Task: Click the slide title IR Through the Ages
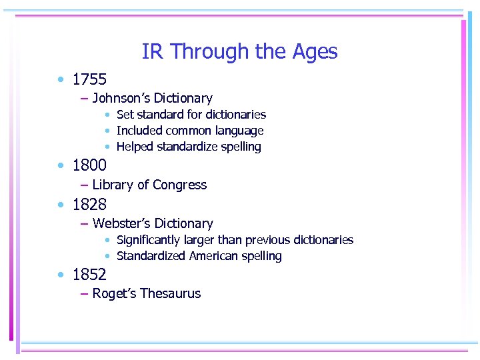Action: (x=239, y=51)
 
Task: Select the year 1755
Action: (x=89, y=79)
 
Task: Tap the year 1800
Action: (x=89, y=165)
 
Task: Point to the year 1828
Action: (x=89, y=203)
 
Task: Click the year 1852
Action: (x=89, y=274)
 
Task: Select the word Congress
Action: (x=180, y=185)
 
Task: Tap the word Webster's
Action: (x=121, y=223)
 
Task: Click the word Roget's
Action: (x=113, y=293)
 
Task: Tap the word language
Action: (x=238, y=131)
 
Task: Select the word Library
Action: (x=112, y=185)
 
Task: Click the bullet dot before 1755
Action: (x=61, y=80)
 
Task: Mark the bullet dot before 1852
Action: (x=61, y=275)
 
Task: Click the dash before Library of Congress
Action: (x=84, y=185)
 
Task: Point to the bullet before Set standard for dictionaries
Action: (x=107, y=115)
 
